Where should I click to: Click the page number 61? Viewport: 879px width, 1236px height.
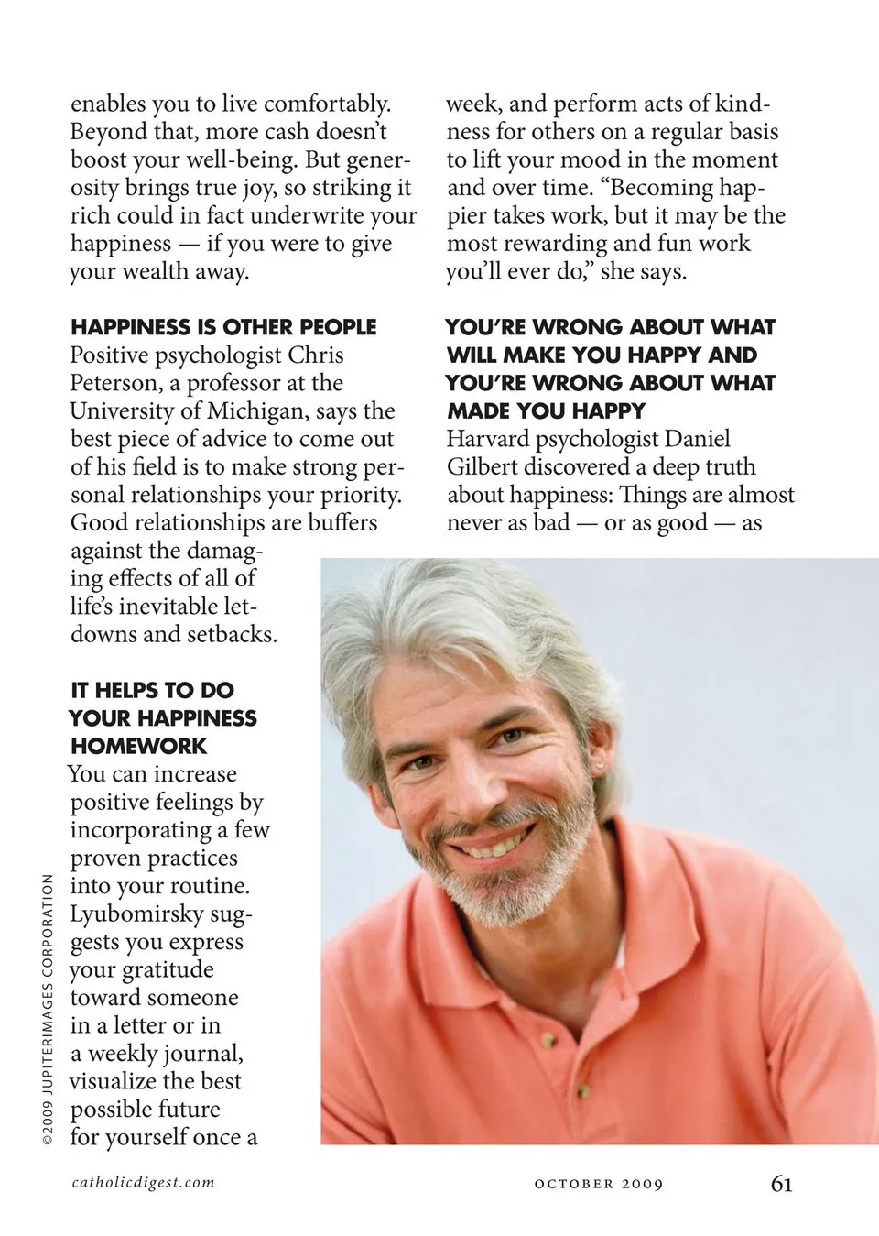(781, 1183)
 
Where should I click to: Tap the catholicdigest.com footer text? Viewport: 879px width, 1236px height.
(144, 1182)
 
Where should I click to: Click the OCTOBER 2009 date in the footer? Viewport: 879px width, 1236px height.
(598, 1184)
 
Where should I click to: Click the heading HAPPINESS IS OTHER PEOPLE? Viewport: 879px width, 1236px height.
(223, 327)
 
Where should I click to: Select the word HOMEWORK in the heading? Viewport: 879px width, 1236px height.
(139, 746)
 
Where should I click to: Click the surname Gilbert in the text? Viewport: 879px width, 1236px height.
(483, 466)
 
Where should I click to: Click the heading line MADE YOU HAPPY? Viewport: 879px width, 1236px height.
(547, 410)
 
